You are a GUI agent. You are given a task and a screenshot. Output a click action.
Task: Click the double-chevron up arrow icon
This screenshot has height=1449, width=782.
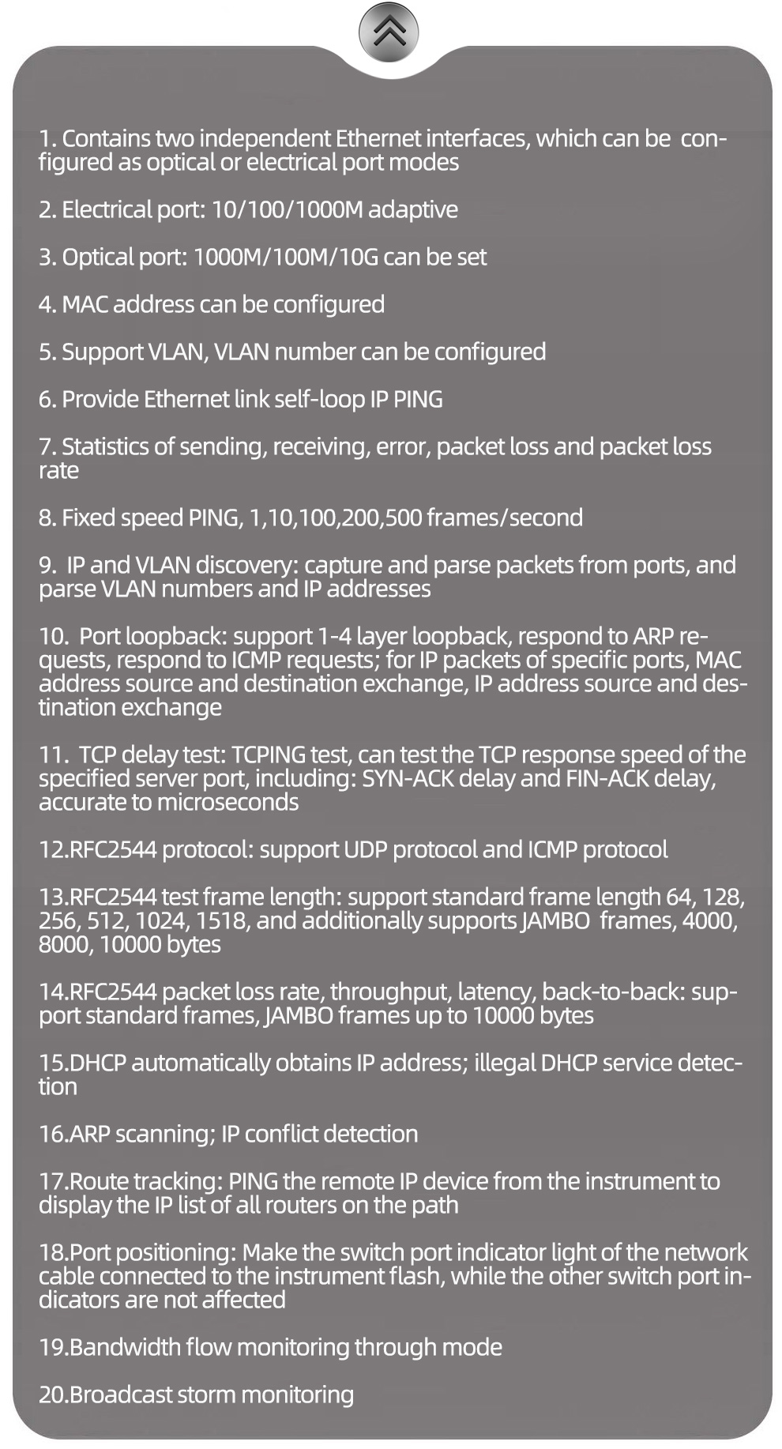click(x=389, y=32)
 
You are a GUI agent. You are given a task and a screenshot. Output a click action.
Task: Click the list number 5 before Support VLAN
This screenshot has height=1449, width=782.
click(x=46, y=352)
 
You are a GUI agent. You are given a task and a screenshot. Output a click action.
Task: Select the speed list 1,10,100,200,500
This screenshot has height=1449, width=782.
click(x=335, y=517)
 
